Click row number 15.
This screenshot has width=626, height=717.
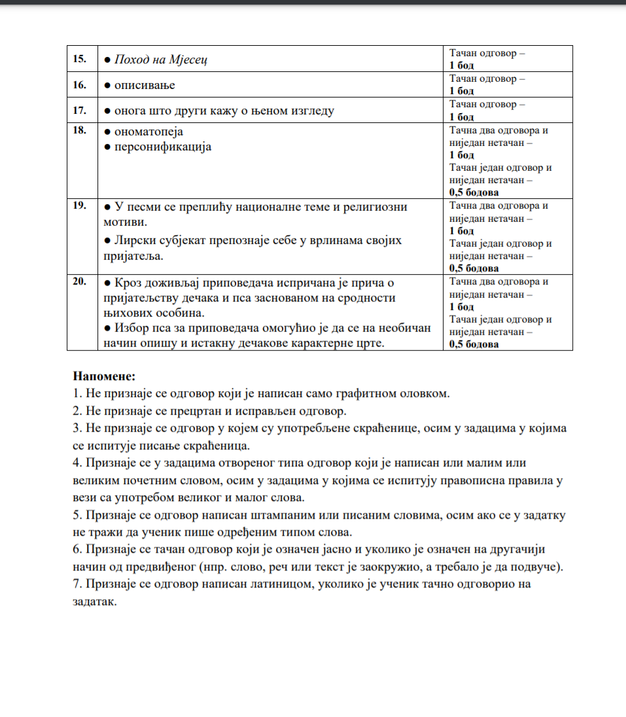[80, 59]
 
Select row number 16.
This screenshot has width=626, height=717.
[80, 84]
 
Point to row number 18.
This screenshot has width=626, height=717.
[80, 130]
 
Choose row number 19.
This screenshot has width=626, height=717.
[80, 206]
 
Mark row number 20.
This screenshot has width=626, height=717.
[80, 282]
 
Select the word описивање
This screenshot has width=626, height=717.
[145, 85]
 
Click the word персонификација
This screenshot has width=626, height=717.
[164, 147]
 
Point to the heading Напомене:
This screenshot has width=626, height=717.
[104, 377]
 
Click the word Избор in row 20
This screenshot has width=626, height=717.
[131, 328]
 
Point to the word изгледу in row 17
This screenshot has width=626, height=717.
[309, 111]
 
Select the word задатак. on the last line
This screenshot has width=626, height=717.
[96, 602]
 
